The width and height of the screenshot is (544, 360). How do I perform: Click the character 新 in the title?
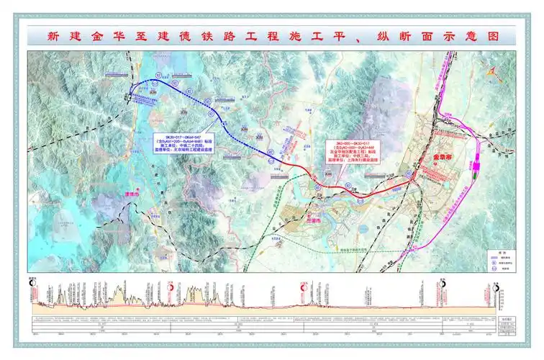point(52,36)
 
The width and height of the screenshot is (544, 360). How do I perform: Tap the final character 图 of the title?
point(492,36)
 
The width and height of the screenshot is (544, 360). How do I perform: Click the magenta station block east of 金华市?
point(476,166)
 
